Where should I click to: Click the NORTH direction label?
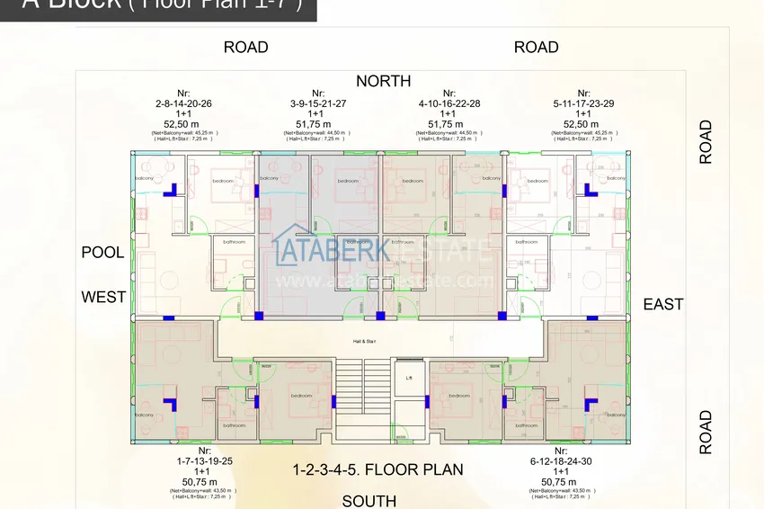click(383, 81)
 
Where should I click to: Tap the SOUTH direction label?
click(369, 501)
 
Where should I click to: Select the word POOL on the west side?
click(102, 253)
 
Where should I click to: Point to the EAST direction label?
click(663, 304)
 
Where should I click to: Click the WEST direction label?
click(104, 297)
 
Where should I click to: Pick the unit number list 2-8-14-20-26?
click(183, 103)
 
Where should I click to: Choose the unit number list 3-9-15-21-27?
click(318, 103)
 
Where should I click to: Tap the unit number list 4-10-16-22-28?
click(449, 103)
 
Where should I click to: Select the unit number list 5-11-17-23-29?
click(583, 103)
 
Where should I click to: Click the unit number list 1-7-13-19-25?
click(204, 460)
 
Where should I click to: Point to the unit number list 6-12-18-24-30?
click(561, 460)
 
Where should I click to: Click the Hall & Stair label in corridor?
click(364, 342)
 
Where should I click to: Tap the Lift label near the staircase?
click(409, 378)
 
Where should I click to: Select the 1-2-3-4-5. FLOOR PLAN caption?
click(378, 469)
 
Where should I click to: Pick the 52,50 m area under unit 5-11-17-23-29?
click(583, 124)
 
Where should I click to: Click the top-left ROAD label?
click(245, 47)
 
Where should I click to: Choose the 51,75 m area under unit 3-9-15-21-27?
click(318, 124)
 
